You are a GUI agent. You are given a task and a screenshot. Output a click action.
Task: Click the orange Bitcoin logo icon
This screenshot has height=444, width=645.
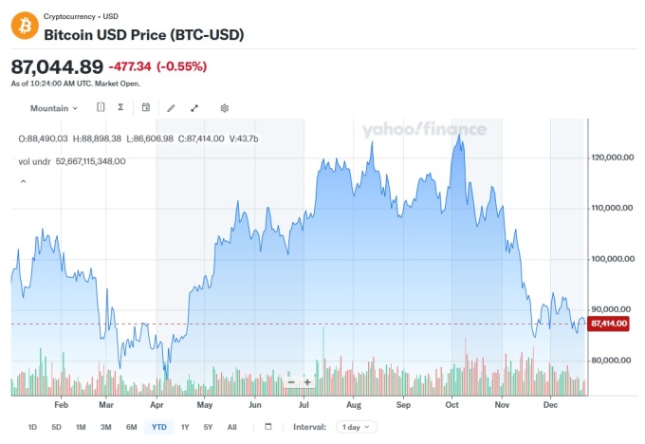tap(24, 26)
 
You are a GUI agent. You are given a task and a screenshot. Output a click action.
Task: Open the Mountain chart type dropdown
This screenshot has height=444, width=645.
tap(54, 108)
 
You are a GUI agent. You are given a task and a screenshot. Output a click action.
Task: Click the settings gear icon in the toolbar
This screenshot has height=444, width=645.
tap(225, 108)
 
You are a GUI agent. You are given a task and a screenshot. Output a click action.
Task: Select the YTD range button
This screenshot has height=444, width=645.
tap(159, 427)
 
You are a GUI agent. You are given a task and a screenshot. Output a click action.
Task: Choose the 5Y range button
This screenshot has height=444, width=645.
tap(208, 427)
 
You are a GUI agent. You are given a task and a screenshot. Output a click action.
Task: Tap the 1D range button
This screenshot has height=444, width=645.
tap(32, 427)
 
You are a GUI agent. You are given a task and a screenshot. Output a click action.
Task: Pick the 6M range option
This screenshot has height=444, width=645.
tap(131, 427)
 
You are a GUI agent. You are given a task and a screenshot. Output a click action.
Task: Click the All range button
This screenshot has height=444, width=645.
tap(231, 427)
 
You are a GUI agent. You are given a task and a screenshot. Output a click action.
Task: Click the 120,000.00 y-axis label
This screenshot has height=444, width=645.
tap(612, 157)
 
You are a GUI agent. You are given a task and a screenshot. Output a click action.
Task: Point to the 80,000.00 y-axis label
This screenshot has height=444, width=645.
tap(610, 360)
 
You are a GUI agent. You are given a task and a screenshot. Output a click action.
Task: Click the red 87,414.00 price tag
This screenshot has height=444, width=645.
tap(609, 324)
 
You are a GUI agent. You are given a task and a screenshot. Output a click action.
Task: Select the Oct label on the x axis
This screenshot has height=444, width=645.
tap(452, 404)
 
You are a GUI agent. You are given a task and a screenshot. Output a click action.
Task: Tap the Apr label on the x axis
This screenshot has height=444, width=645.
tap(157, 404)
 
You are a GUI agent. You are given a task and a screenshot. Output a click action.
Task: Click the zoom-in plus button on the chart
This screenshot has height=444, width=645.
tap(307, 382)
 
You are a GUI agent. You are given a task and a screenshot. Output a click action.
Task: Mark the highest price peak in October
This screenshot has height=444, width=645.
tap(459, 136)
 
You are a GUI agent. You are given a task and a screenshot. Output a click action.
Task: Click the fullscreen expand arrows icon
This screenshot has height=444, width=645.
tap(194, 108)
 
